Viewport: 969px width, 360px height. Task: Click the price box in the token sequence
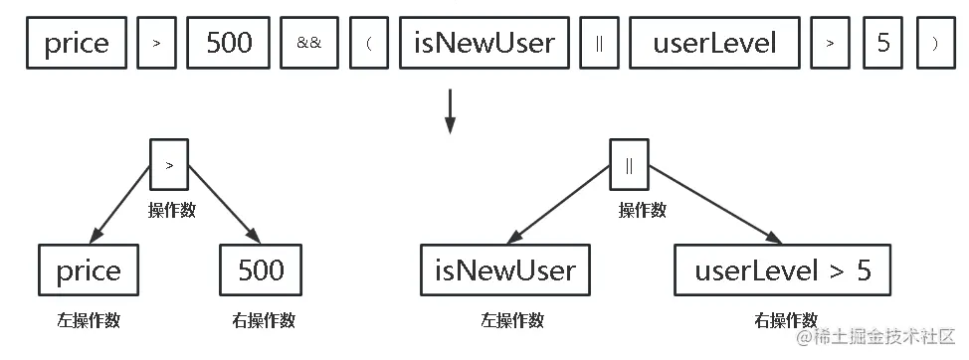(77, 45)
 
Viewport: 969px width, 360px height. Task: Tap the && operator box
(309, 45)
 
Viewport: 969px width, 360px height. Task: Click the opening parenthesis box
(368, 45)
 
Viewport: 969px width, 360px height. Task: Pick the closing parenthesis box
(933, 45)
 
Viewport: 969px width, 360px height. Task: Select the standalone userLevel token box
(713, 45)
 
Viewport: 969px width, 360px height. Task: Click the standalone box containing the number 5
(883, 45)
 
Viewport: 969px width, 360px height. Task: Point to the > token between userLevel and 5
(830, 45)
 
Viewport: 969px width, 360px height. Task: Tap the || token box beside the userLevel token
(600, 45)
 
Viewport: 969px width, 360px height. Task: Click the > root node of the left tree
(169, 164)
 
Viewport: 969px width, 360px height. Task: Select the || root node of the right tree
(629, 164)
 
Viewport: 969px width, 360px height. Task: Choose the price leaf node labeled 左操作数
(89, 270)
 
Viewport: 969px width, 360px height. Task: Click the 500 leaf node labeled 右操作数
(261, 270)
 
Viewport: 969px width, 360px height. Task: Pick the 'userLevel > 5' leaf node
(782, 270)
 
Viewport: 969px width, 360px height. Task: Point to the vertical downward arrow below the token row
(450, 111)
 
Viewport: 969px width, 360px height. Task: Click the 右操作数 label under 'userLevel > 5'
(785, 320)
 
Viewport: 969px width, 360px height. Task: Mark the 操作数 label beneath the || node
(642, 211)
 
